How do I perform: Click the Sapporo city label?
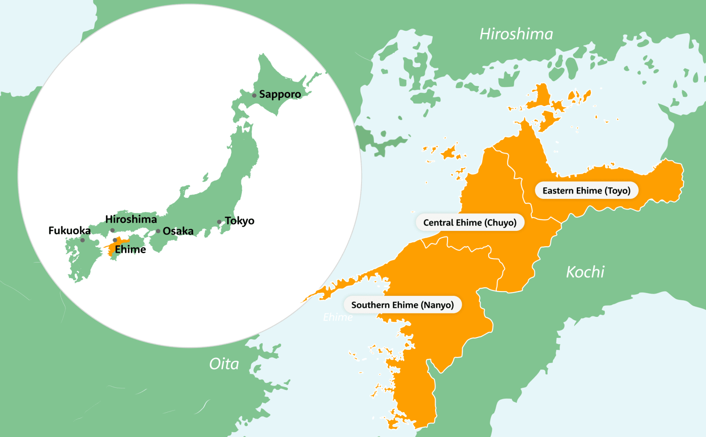point(280,94)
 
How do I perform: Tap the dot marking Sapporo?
point(254,95)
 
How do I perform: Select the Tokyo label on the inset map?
point(240,221)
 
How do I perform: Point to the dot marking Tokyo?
point(219,222)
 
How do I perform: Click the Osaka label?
point(178,231)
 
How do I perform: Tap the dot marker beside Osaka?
point(158,231)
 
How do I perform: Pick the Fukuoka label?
point(69,230)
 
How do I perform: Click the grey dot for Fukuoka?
point(83,240)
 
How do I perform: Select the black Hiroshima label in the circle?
point(131,219)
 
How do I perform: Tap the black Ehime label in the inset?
point(131,249)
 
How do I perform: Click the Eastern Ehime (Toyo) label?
point(586,191)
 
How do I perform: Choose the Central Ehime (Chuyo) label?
point(470,222)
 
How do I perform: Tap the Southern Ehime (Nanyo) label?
point(402,305)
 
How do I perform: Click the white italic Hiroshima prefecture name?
point(516,34)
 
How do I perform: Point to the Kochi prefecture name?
point(585,272)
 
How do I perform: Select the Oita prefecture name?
point(224,364)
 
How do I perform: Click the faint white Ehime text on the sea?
point(338,317)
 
